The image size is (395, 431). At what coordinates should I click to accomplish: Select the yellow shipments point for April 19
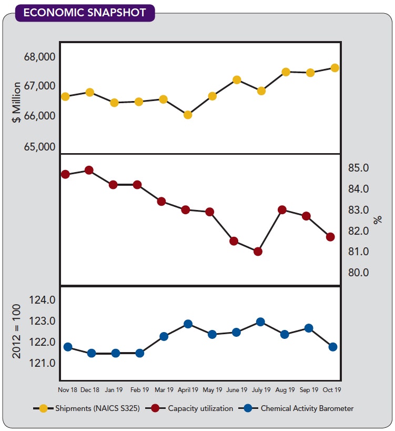188,115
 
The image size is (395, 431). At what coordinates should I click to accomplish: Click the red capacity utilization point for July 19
258,252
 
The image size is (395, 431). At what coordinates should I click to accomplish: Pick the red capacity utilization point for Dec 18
89,170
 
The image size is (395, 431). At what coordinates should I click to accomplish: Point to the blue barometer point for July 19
260,322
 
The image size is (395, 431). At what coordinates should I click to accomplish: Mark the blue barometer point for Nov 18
67,347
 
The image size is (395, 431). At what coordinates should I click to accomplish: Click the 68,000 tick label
39,57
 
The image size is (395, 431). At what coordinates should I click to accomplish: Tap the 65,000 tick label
39,146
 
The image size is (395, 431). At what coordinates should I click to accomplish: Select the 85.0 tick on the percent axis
358,168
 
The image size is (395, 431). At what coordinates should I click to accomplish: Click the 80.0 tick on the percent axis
358,273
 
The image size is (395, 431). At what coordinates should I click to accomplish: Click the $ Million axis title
17,102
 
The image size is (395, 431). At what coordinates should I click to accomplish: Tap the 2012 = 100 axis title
17,331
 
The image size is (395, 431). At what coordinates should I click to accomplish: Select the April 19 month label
188,390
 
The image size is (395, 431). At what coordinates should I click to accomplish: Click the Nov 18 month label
67,390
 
